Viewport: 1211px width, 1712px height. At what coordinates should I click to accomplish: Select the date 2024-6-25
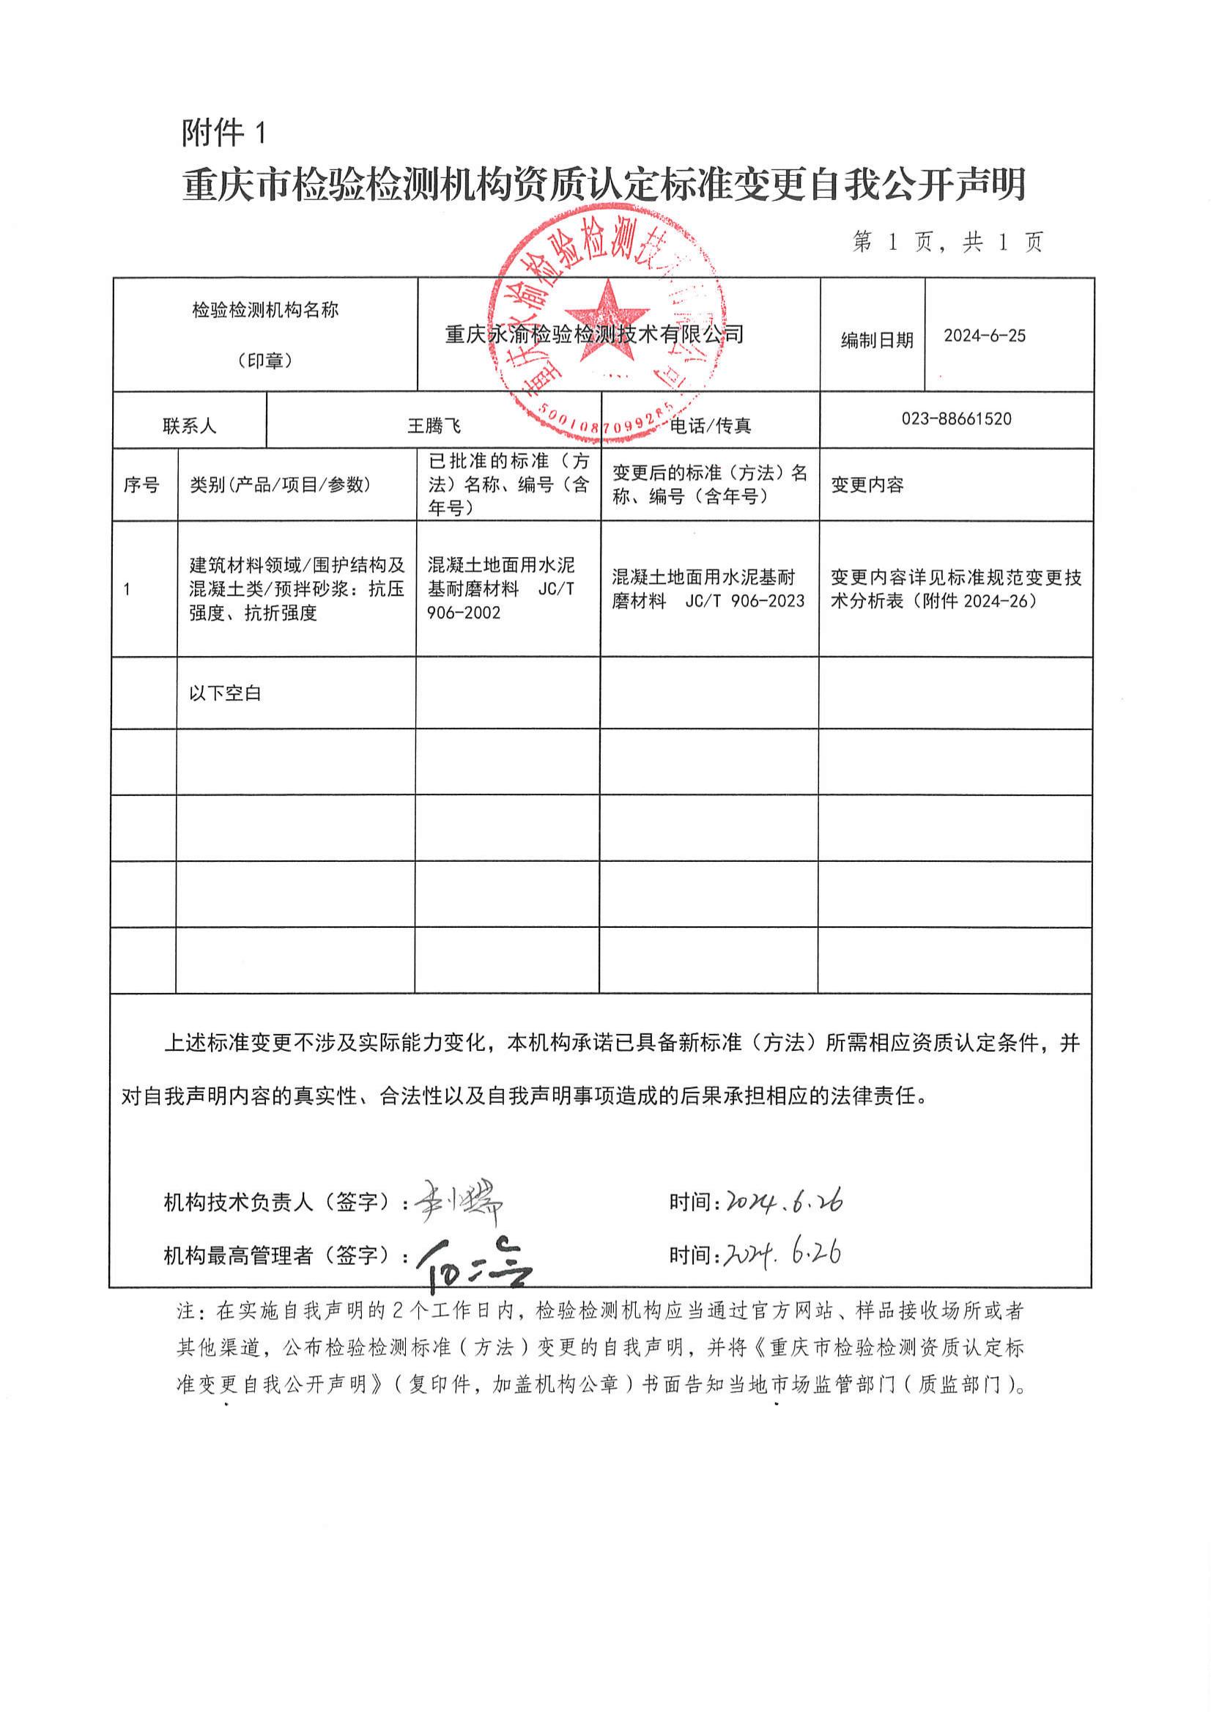coord(985,336)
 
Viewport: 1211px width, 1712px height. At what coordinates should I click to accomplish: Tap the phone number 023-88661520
coord(956,418)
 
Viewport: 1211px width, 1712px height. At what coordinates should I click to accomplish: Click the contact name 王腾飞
coord(434,426)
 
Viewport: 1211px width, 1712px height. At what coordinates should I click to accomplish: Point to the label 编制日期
coord(877,340)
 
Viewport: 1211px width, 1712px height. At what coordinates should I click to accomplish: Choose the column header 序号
coord(141,485)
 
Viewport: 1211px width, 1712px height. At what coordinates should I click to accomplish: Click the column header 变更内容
coord(867,485)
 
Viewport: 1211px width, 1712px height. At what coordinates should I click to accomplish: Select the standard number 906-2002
coord(464,613)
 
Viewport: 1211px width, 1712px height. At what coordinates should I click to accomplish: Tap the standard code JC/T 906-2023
coord(745,601)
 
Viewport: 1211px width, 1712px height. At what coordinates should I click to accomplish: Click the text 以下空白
coord(225,693)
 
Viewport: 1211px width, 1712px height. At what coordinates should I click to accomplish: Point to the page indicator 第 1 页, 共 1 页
coord(948,242)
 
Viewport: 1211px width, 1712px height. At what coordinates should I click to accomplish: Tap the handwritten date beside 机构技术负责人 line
coord(784,1200)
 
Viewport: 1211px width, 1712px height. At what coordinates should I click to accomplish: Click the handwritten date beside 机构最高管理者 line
coord(782,1254)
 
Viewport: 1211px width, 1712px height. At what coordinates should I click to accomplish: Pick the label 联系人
coord(190,426)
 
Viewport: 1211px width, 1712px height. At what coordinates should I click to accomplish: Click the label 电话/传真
coord(711,426)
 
